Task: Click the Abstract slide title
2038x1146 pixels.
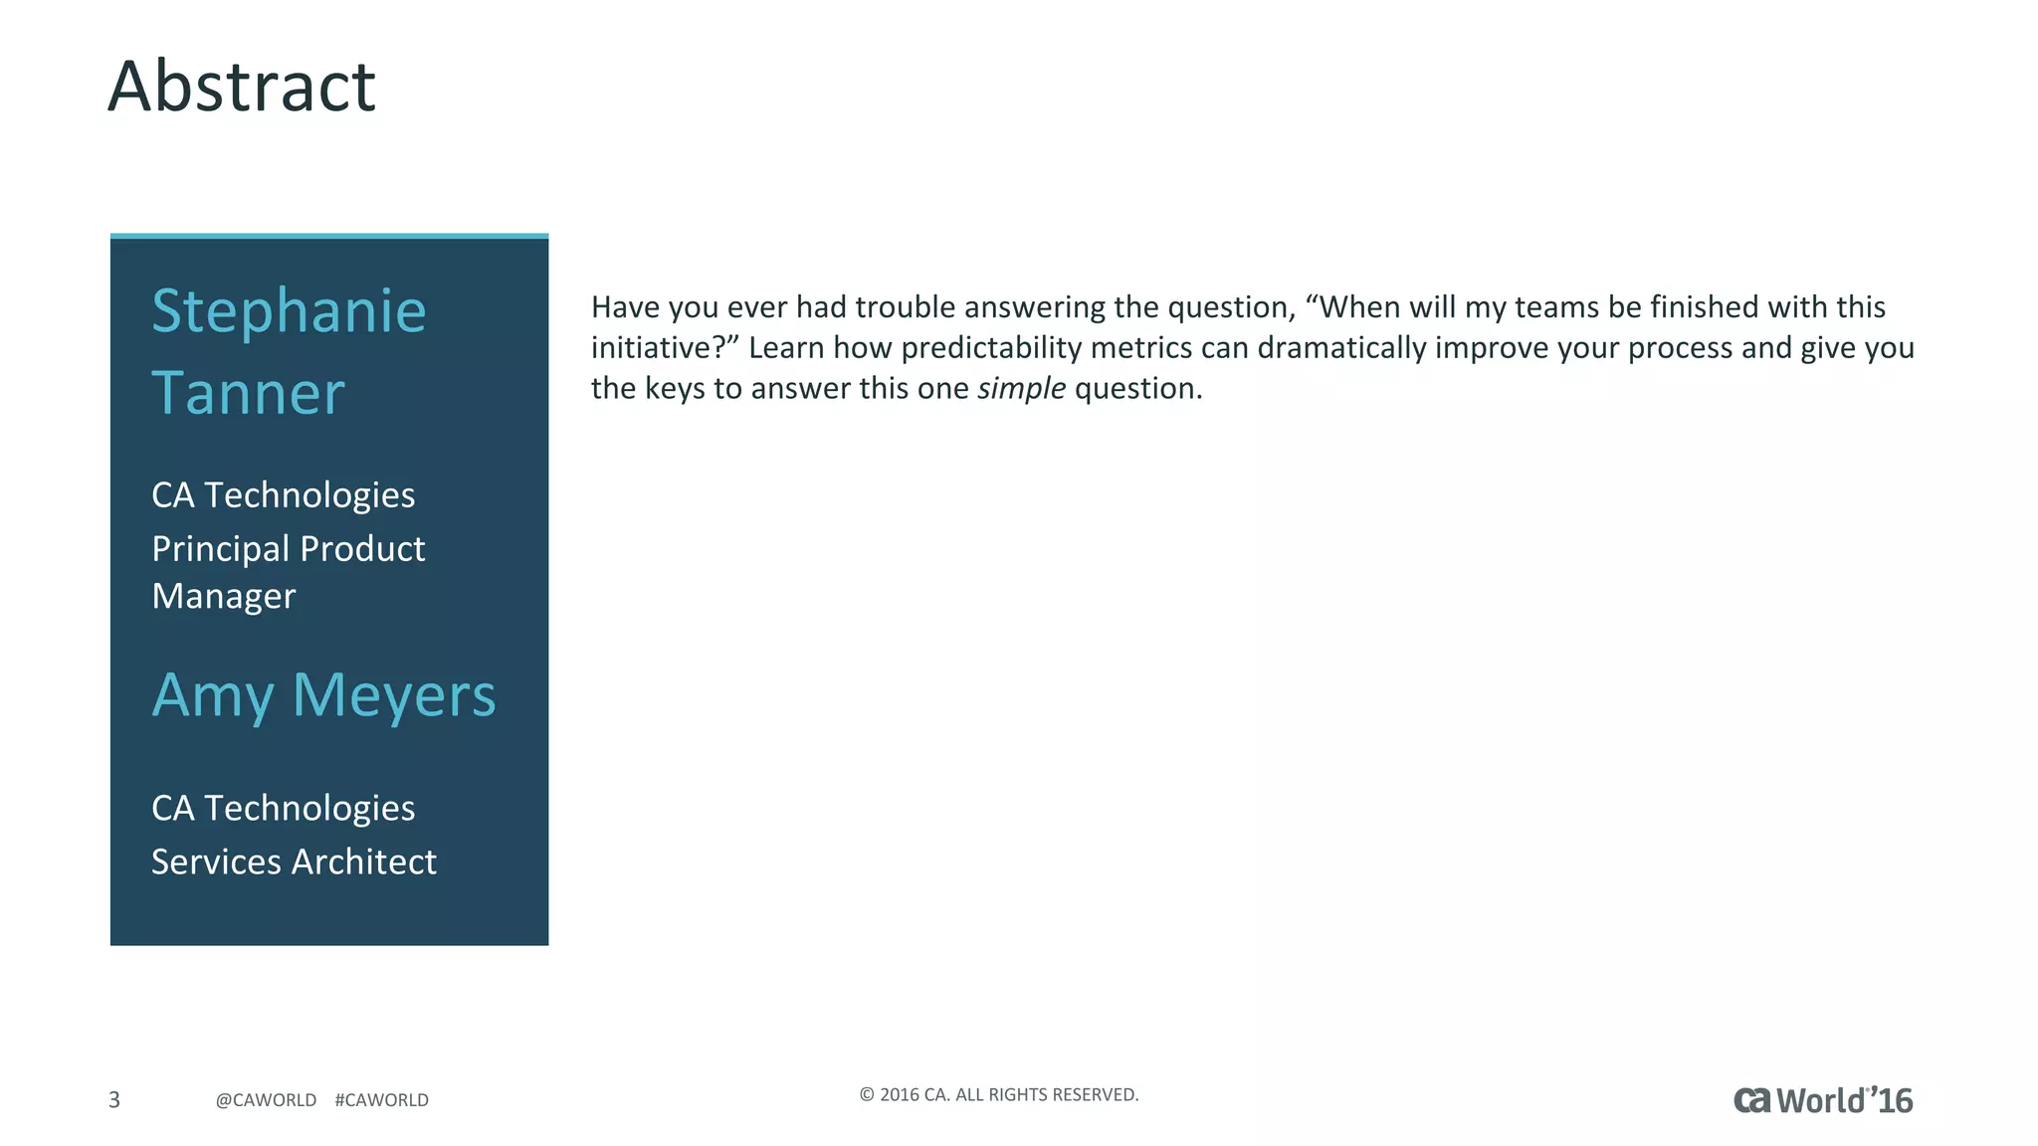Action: [x=242, y=87]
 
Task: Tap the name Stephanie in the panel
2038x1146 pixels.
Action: [x=289, y=311]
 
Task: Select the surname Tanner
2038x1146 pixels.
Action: [x=248, y=394]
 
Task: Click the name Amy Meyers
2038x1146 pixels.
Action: [x=323, y=694]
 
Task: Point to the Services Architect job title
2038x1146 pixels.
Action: [x=294, y=861]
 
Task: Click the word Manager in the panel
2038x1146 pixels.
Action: [x=224, y=596]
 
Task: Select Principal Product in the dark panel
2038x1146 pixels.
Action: [x=288, y=548]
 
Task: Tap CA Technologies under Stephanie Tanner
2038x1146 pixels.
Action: [x=283, y=494]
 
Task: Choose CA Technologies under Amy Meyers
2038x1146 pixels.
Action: [x=283, y=808]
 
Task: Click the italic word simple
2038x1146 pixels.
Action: [x=1021, y=388]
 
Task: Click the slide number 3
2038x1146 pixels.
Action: [x=114, y=1099]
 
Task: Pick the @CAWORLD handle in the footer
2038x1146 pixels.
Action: [x=266, y=1100]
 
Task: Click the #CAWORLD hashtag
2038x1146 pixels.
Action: [x=381, y=1100]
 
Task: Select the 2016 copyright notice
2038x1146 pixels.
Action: [x=998, y=1094]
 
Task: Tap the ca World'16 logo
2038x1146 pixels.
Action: [x=1822, y=1100]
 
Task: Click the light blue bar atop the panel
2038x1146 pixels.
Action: [x=328, y=236]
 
